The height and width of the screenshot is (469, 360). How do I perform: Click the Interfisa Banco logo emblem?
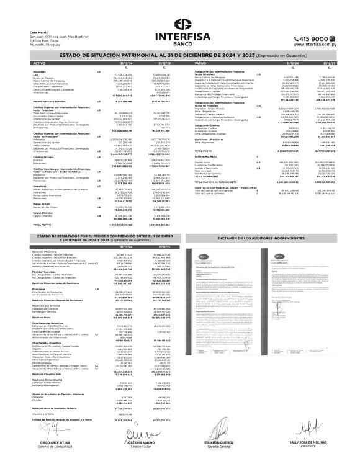(x=179, y=26)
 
